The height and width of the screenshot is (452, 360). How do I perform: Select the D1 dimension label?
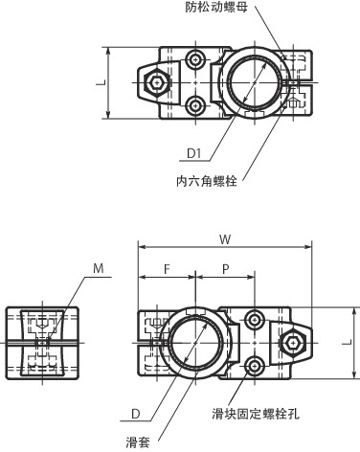pyautogui.click(x=194, y=152)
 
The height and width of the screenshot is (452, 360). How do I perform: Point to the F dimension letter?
pyautogui.click(x=167, y=269)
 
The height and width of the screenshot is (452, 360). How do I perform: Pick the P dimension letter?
pyautogui.click(x=225, y=269)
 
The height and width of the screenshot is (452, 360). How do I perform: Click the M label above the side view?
pyautogui.click(x=100, y=269)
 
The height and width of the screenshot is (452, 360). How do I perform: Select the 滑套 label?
pyautogui.click(x=138, y=442)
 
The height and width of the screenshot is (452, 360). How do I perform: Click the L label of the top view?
pyautogui.click(x=100, y=83)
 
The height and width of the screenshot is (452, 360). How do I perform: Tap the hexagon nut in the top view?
pyautogui.click(x=155, y=84)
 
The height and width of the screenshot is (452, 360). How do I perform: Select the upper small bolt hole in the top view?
pyautogui.click(x=195, y=60)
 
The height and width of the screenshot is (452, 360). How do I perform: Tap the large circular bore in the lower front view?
pyautogui.click(x=195, y=343)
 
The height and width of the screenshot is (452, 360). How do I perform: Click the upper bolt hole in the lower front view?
pyautogui.click(x=255, y=319)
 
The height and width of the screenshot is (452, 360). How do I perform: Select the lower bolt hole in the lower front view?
pyautogui.click(x=255, y=366)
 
